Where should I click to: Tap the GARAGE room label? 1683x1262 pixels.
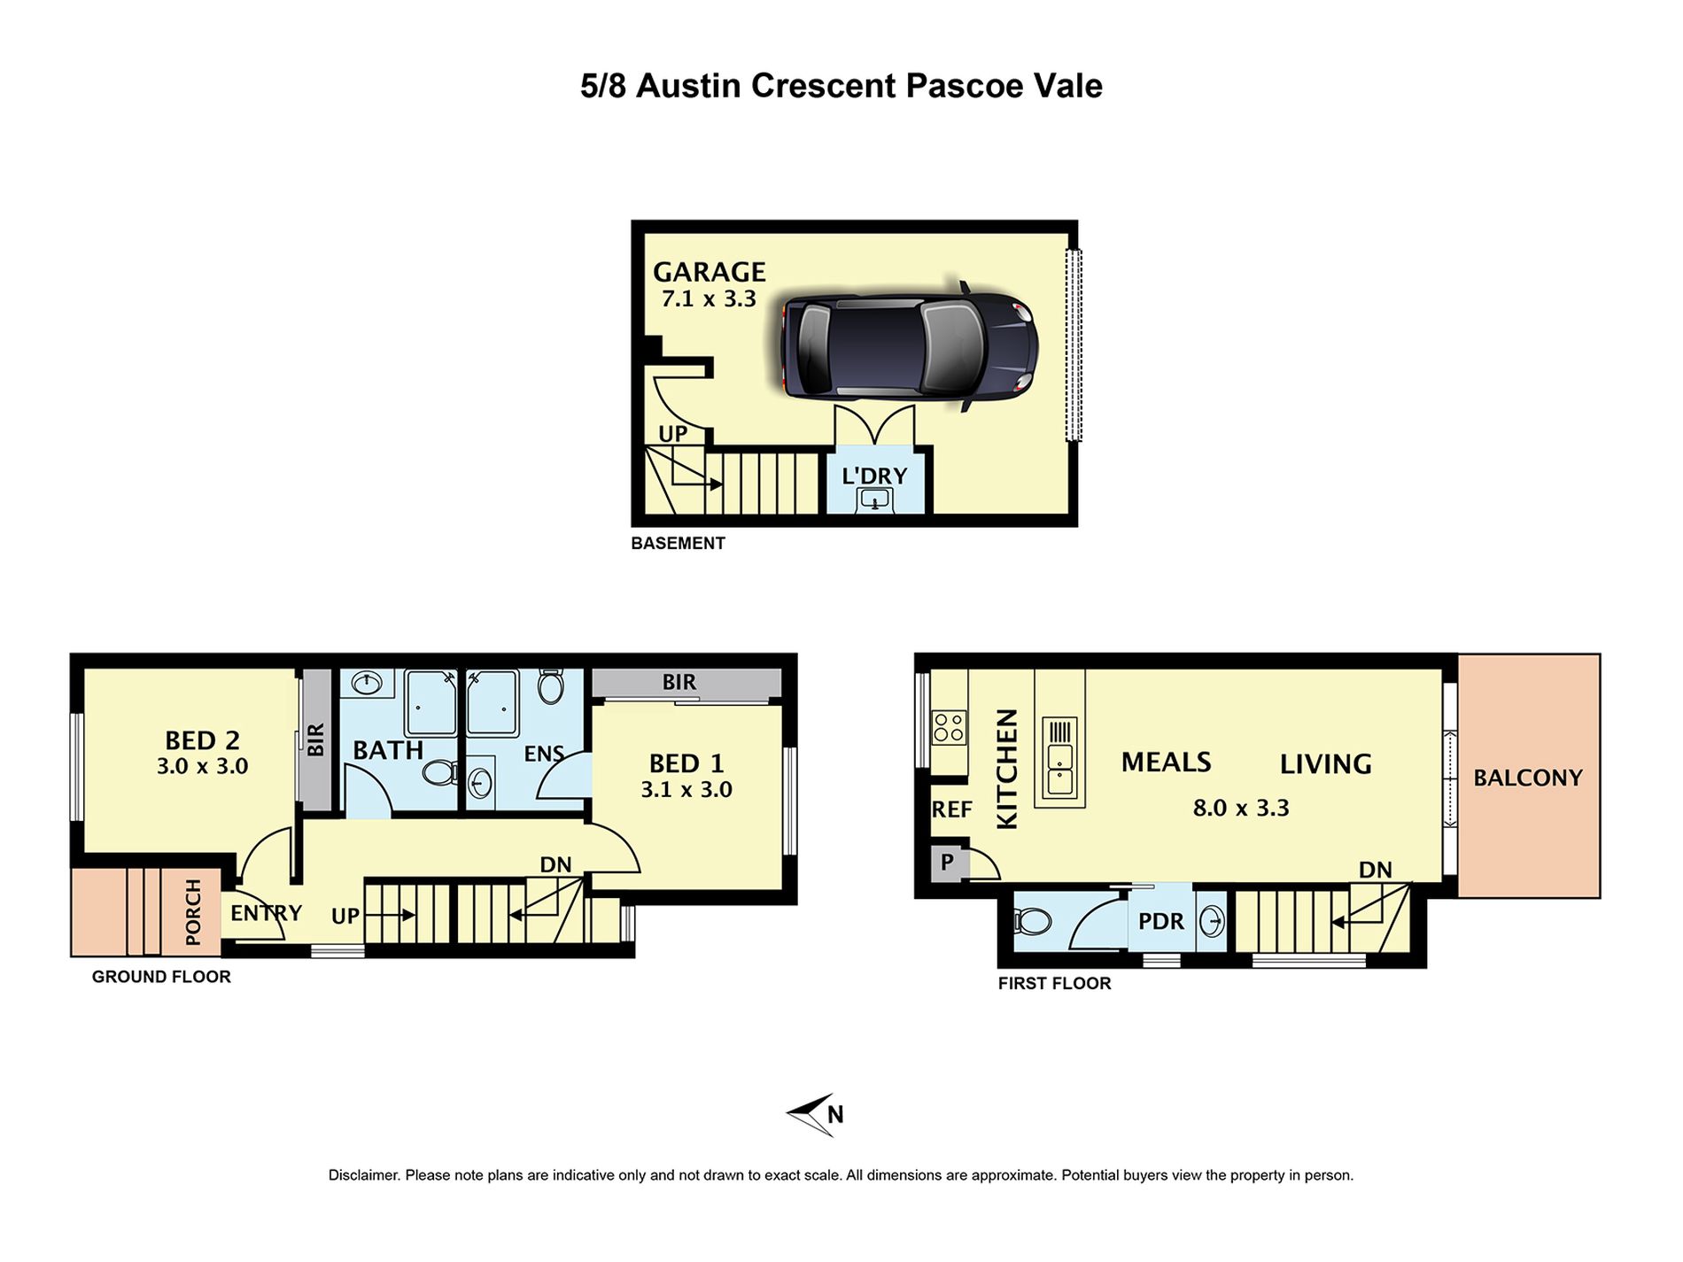click(710, 272)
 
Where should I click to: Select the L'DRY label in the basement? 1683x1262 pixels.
click(874, 476)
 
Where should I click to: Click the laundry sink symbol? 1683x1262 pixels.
click(875, 500)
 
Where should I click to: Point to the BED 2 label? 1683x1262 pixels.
click(202, 740)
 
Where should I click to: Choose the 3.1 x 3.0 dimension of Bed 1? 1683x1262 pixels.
click(686, 790)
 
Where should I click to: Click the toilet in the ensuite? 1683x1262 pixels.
click(550, 686)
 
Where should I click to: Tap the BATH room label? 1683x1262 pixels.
click(388, 750)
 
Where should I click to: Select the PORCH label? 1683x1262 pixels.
click(193, 911)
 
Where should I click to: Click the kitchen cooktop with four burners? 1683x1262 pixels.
click(949, 728)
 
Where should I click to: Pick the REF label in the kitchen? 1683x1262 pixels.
click(952, 809)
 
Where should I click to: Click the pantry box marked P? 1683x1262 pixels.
click(947, 863)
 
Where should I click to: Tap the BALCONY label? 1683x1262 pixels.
click(1528, 778)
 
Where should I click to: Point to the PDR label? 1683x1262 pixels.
click(1160, 922)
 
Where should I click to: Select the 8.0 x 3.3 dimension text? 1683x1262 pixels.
click(1241, 808)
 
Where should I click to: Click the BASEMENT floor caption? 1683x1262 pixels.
click(678, 544)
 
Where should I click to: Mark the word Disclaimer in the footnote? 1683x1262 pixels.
click(363, 1175)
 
